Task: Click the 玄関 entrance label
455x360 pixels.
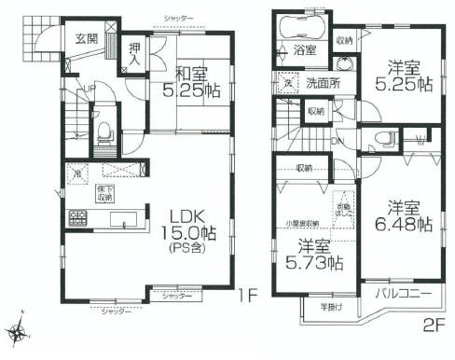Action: click(86, 38)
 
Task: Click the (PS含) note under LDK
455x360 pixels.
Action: click(193, 250)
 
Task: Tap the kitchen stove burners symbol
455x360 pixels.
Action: click(75, 220)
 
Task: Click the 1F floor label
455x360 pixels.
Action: click(246, 297)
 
